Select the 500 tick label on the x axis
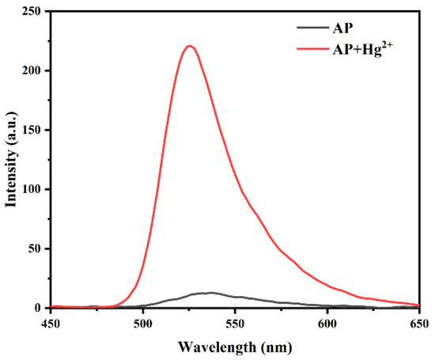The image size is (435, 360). click(x=143, y=323)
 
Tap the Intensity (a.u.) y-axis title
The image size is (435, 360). click(x=11, y=159)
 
